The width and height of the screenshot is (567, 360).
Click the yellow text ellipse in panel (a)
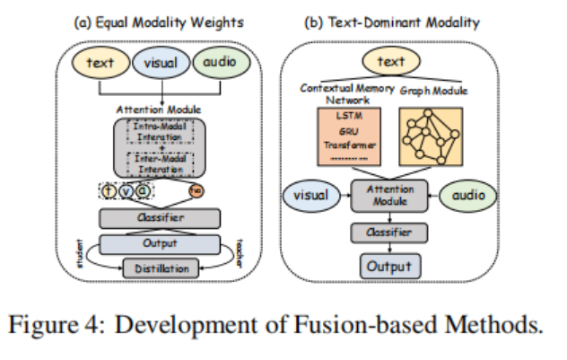pos(100,64)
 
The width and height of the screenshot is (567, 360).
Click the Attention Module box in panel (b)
pos(388,195)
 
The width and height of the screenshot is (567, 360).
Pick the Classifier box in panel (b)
pos(388,233)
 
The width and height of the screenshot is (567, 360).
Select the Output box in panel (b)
pos(388,265)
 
